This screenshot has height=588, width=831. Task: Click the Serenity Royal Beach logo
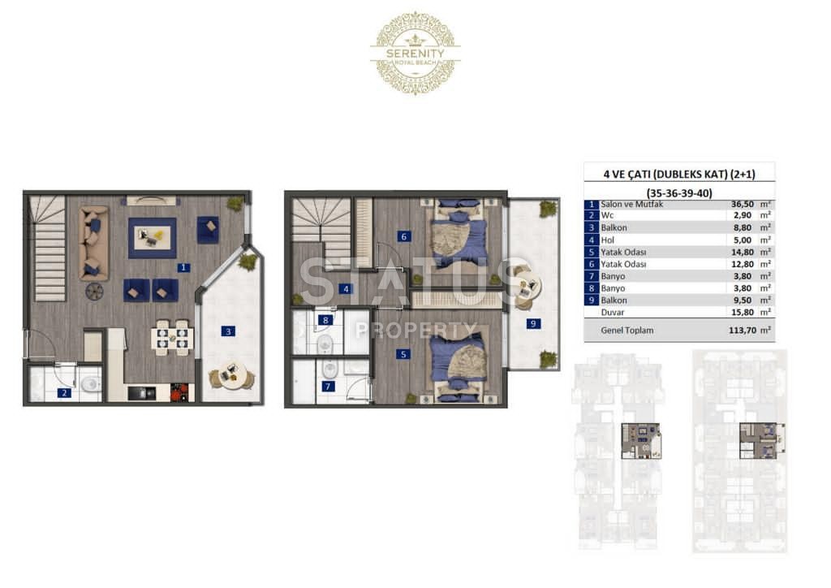click(x=415, y=53)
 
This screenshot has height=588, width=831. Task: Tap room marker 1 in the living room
click(x=183, y=268)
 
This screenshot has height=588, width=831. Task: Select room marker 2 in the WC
click(x=64, y=393)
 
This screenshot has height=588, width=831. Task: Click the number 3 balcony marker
click(x=228, y=331)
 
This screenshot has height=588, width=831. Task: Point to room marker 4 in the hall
click(x=346, y=289)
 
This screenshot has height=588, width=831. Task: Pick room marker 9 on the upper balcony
click(x=533, y=323)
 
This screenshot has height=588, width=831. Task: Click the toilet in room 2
click(x=91, y=383)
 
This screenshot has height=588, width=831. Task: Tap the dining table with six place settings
click(x=172, y=337)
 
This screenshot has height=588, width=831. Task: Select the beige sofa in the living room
click(x=94, y=243)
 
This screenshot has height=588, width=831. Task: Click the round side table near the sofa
click(x=94, y=291)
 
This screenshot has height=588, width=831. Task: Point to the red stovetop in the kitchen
click(x=179, y=392)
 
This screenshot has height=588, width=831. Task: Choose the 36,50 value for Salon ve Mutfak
click(x=743, y=204)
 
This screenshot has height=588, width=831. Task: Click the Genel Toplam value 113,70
click(x=743, y=331)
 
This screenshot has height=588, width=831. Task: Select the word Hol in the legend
click(x=607, y=240)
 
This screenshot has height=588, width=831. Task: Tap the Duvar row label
click(x=613, y=313)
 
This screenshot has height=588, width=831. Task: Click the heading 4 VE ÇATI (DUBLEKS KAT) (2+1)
click(x=679, y=174)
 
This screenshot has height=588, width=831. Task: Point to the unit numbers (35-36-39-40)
click(x=679, y=193)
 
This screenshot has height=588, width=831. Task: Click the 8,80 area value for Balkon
click(x=743, y=228)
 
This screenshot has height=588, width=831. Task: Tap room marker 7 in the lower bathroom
click(x=328, y=387)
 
